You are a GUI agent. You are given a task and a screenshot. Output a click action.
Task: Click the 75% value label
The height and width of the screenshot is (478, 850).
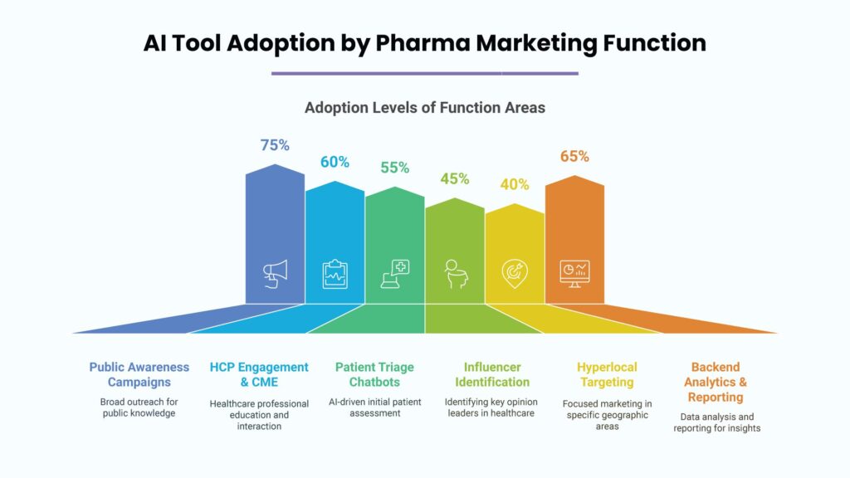pyautogui.click(x=275, y=145)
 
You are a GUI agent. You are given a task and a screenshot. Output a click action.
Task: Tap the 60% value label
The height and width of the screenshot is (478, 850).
pyautogui.click(x=335, y=162)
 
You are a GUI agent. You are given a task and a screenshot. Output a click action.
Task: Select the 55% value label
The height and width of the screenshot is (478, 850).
pyautogui.click(x=394, y=168)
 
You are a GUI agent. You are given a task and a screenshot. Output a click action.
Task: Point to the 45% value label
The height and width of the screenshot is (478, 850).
pyautogui.click(x=454, y=179)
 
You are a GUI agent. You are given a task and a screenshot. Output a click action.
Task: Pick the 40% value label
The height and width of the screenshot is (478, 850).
pyautogui.click(x=515, y=184)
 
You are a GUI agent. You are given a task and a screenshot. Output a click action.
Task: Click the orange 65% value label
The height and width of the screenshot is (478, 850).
pyautogui.click(x=574, y=157)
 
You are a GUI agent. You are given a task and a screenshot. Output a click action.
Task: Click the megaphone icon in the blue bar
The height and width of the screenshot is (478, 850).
pyautogui.click(x=276, y=274)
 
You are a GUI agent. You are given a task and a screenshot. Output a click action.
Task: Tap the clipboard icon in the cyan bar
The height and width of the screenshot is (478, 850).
pyautogui.click(x=335, y=274)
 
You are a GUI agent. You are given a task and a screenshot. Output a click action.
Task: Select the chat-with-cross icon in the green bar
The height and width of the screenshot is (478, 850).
pyautogui.click(x=394, y=274)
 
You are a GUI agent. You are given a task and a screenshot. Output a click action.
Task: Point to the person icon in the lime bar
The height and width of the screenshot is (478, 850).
pyautogui.click(x=456, y=274)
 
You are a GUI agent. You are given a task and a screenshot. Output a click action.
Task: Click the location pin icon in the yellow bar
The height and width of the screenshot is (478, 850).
pyautogui.click(x=515, y=274)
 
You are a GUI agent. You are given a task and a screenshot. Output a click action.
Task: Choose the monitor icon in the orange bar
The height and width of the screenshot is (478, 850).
pyautogui.click(x=574, y=274)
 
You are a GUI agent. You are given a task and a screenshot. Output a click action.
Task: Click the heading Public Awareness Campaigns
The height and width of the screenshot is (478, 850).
pyautogui.click(x=139, y=374)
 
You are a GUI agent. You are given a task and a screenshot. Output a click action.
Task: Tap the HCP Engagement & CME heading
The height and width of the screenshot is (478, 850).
pyautogui.click(x=259, y=374)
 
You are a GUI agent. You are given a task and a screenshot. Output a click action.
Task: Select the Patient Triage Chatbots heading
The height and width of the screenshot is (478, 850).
pyautogui.click(x=374, y=374)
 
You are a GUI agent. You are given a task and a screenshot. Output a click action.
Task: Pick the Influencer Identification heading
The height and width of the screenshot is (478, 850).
pyautogui.click(x=492, y=374)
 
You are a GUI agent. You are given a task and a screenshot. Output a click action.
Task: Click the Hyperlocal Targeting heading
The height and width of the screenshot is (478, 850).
pyautogui.click(x=607, y=374)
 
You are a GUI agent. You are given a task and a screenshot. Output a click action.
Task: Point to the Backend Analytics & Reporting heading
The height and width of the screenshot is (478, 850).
pyautogui.click(x=716, y=382)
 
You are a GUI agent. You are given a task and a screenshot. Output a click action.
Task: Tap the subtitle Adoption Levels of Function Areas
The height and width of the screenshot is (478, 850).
pyautogui.click(x=425, y=108)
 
